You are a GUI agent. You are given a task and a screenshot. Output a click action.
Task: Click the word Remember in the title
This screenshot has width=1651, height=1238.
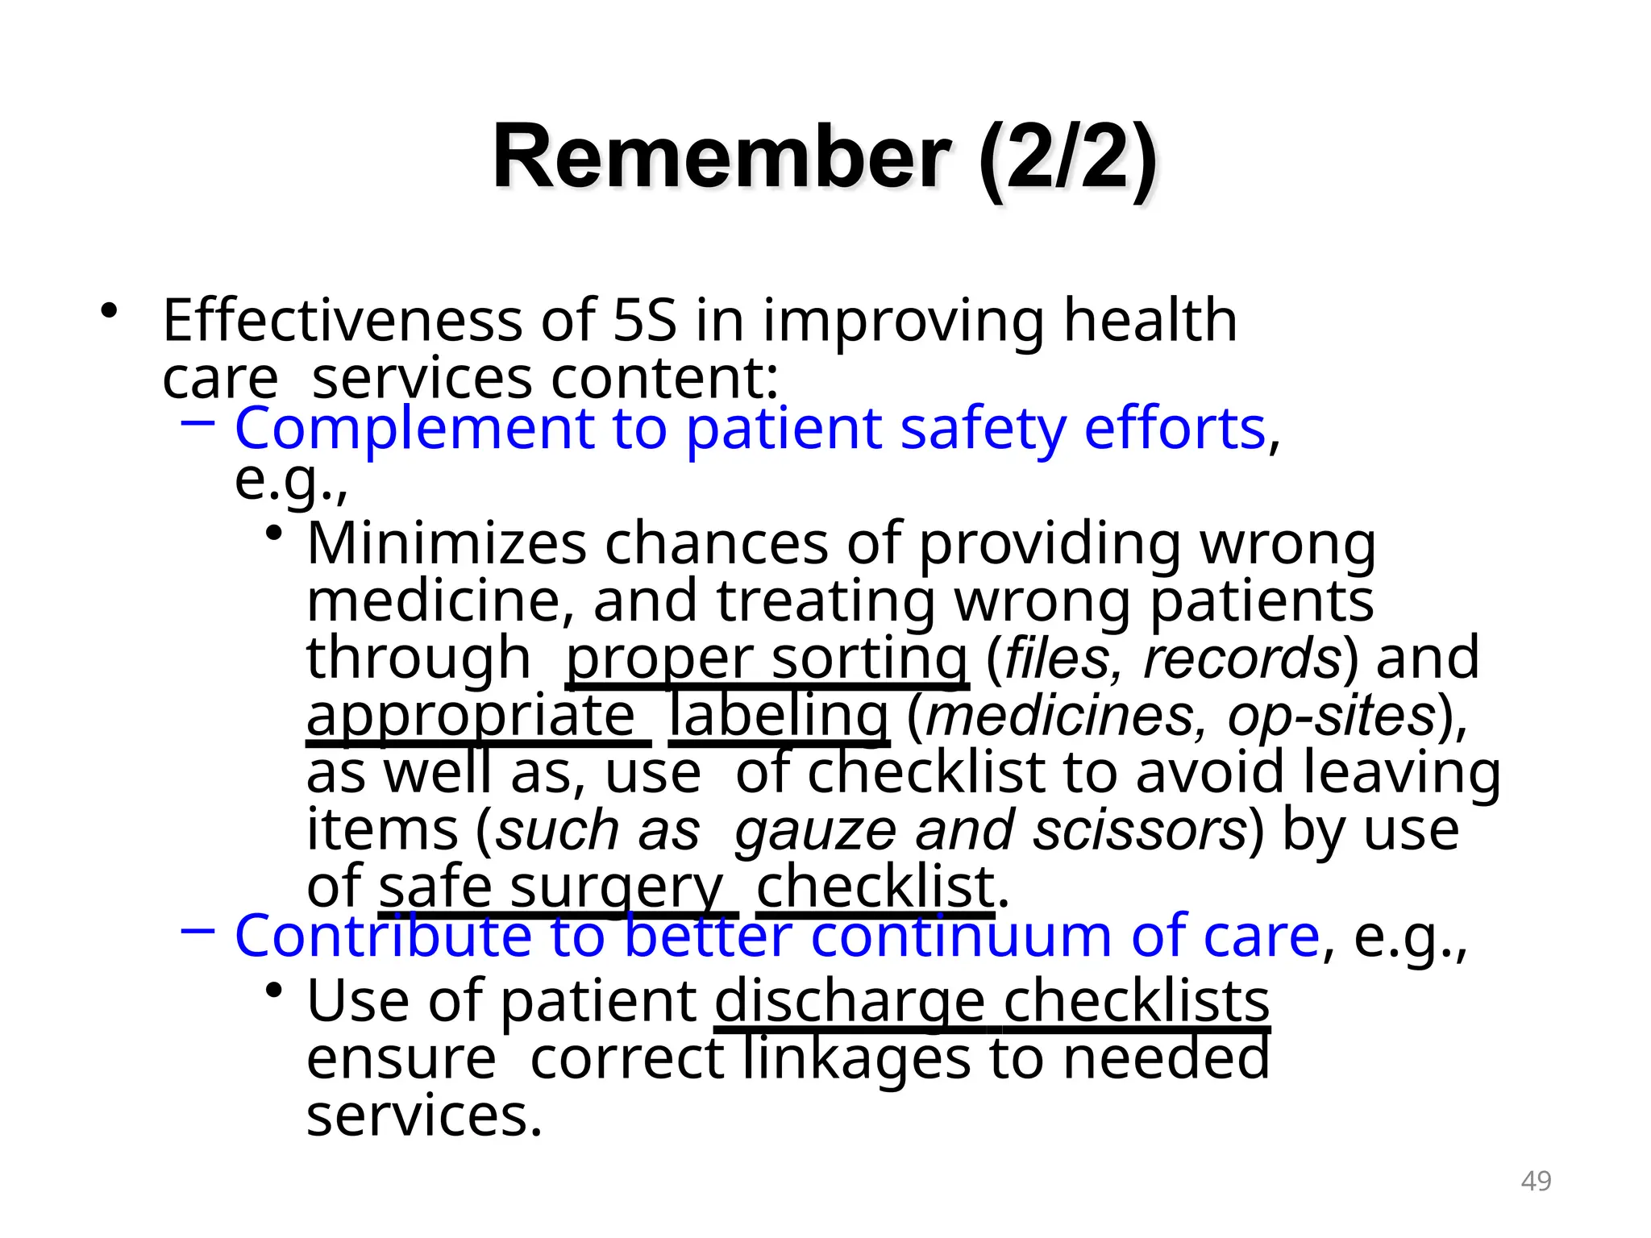[722, 157]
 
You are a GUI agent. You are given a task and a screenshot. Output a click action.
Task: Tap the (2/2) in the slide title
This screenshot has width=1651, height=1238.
[1068, 159]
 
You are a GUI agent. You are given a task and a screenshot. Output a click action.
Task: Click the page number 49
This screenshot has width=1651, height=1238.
[1536, 1181]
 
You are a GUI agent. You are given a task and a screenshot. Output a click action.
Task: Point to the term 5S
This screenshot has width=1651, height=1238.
[644, 321]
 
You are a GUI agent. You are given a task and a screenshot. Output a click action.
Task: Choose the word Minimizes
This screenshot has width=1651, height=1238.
[447, 544]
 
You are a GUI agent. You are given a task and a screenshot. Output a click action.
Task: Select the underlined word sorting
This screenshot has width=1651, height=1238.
[869, 658]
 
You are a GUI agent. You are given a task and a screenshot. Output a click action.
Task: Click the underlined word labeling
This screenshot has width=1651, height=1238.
[779, 716]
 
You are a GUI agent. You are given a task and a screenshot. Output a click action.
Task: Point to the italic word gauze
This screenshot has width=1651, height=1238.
[815, 830]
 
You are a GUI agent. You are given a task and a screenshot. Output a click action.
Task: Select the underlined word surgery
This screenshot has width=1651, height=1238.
[616, 888]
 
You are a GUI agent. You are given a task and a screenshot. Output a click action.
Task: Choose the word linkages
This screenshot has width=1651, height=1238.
[856, 1059]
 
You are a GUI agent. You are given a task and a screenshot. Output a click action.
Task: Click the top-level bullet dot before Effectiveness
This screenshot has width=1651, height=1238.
[109, 311]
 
